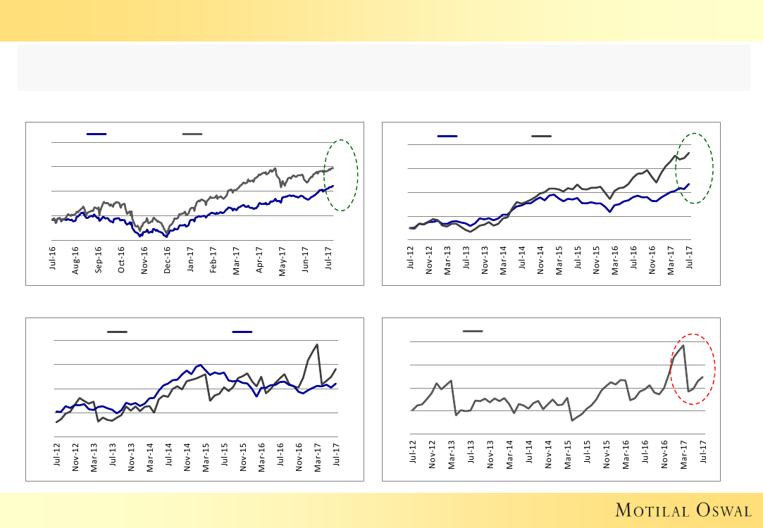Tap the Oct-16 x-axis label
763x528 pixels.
click(121, 258)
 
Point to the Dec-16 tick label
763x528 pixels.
click(167, 258)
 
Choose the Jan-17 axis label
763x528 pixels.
click(190, 258)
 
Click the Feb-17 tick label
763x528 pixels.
click(213, 258)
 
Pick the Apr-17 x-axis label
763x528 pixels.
click(259, 258)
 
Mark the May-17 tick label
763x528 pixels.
click(282, 258)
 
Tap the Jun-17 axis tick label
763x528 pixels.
click(305, 258)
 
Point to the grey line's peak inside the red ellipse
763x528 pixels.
click(683, 345)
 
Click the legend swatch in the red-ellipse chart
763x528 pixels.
click(473, 331)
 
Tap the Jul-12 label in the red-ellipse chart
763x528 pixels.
click(413, 450)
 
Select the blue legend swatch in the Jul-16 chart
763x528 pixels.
click(96, 134)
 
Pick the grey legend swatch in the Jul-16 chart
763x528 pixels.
click(192, 134)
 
